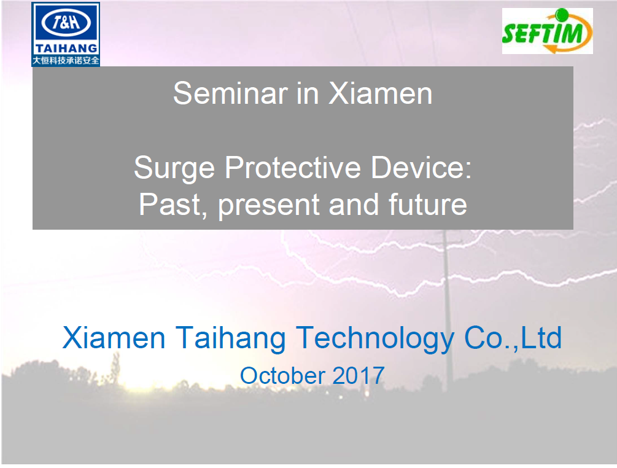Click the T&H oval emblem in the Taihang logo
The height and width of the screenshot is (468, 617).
(66, 22)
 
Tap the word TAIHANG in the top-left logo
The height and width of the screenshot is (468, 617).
(66, 49)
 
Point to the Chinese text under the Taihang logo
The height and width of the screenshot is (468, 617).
(66, 60)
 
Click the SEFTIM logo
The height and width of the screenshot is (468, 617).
(547, 31)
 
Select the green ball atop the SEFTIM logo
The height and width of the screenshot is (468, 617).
(562, 15)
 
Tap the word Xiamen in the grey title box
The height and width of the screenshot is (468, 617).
(380, 94)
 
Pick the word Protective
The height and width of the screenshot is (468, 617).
(293, 167)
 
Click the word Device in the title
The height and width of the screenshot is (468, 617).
(421, 167)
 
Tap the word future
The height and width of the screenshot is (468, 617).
(428, 204)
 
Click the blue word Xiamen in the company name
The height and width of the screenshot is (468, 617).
(114, 337)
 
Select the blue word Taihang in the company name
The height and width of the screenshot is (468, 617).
(230, 338)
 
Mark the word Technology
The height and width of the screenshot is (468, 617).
(375, 338)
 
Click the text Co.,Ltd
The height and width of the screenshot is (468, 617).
(513, 337)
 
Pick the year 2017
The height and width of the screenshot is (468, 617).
(359, 375)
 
